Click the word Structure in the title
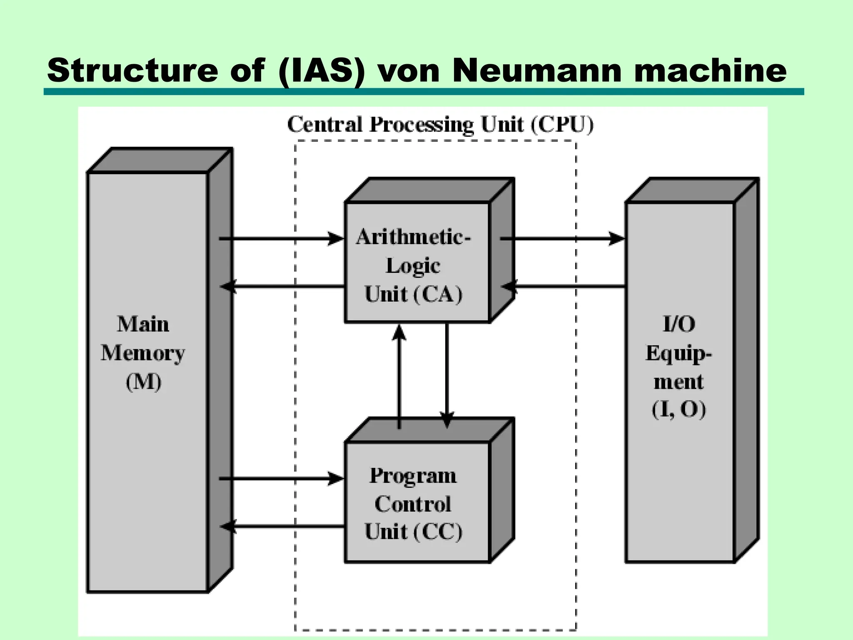click(x=132, y=70)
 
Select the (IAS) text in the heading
click(x=322, y=70)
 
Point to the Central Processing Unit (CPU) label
click(x=440, y=125)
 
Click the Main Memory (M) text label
click(x=143, y=353)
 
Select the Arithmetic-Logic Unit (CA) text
click(x=413, y=265)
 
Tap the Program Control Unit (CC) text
click(x=413, y=504)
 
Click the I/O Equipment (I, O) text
click(x=679, y=367)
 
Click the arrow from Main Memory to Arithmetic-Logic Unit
click(x=281, y=239)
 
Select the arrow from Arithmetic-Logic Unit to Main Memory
click(x=281, y=286)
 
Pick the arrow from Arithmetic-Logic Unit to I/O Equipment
click(x=562, y=239)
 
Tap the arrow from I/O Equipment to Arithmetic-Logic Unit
click(x=562, y=286)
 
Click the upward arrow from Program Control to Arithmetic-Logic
click(x=399, y=375)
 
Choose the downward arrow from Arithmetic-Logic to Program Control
click(x=446, y=375)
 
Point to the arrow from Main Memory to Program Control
click(x=281, y=479)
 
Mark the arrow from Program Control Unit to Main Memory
click(x=281, y=527)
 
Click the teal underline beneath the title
click(x=424, y=92)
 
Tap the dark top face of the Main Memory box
click(x=160, y=160)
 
